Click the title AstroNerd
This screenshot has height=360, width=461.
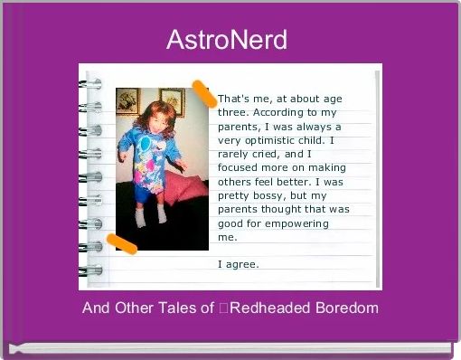[x=228, y=41]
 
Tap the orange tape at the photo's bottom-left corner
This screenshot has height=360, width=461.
[x=121, y=242]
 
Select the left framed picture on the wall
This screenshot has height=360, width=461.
[x=128, y=100]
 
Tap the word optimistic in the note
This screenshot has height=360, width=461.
[x=277, y=140]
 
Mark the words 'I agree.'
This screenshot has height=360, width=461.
[x=239, y=264]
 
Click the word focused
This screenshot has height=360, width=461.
[x=240, y=167]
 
